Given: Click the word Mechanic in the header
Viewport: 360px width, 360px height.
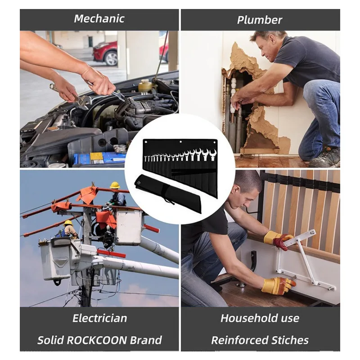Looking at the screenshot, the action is pyautogui.click(x=99, y=19).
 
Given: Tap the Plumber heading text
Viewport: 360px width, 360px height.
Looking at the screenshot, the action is pyautogui.click(x=260, y=20).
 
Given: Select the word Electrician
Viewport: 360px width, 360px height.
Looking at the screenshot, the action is pyautogui.click(x=99, y=318).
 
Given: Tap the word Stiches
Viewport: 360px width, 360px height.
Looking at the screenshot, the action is pyautogui.click(x=290, y=340).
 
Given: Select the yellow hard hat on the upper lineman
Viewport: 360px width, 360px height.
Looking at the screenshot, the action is pyautogui.click(x=115, y=185).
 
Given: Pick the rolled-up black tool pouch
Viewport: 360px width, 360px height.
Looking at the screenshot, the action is pyautogui.click(x=168, y=193).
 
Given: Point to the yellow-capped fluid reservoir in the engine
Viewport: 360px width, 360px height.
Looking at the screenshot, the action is pyautogui.click(x=144, y=86).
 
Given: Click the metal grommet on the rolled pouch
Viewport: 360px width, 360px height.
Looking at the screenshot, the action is pyautogui.click(x=139, y=183).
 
